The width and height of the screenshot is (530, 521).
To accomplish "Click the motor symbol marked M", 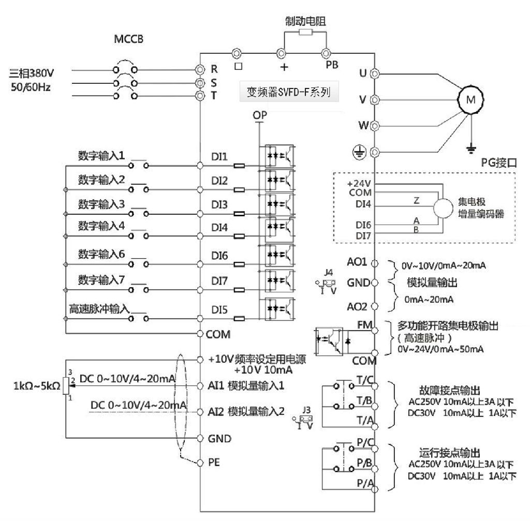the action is click(x=470, y=100).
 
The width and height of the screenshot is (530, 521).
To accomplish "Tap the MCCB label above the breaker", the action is click(x=128, y=39).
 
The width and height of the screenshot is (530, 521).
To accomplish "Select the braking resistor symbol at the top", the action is click(x=305, y=32).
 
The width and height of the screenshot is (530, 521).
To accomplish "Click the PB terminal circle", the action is click(x=326, y=53).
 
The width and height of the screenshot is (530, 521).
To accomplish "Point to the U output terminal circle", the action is click(x=375, y=73).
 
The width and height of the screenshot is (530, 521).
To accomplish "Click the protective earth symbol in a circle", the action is click(x=359, y=153).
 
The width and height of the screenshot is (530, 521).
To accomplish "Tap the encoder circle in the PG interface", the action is click(x=443, y=208).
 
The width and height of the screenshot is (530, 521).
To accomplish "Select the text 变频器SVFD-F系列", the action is click(x=289, y=92).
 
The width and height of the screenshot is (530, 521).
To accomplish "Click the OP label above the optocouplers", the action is click(x=260, y=115).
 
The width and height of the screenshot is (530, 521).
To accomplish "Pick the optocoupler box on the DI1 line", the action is click(x=279, y=156).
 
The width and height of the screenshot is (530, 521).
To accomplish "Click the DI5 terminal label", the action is click(x=219, y=310).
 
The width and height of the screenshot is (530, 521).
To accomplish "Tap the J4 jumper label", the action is click(x=329, y=272).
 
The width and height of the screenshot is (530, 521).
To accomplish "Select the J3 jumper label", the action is click(x=306, y=410).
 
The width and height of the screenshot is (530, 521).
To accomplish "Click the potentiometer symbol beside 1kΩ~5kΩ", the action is click(x=66, y=385).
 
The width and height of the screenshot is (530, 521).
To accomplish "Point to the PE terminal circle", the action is click(x=200, y=463).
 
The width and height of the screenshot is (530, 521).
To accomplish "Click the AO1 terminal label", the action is click(x=357, y=262).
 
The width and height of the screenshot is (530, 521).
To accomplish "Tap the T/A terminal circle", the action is click(x=375, y=427).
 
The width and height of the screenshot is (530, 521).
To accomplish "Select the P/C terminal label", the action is click(x=365, y=442).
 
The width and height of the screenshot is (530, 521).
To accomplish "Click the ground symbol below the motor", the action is click(x=470, y=148).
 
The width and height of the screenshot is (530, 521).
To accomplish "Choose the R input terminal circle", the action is click(x=200, y=70).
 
